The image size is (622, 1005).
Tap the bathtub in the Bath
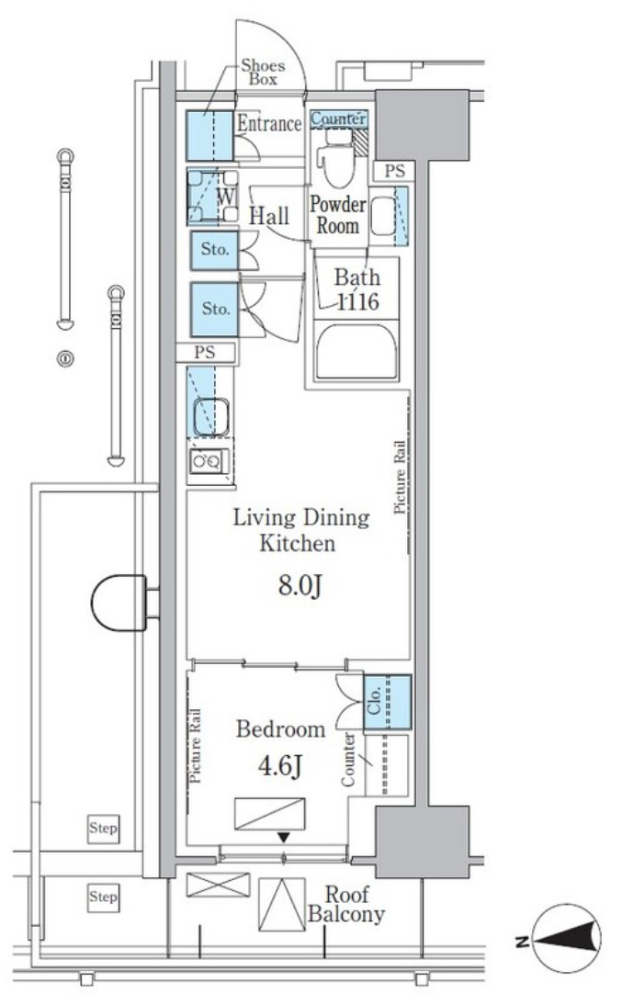[x=356, y=351]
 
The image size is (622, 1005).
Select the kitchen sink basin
[x=211, y=417]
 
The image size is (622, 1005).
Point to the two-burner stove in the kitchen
[x=208, y=461]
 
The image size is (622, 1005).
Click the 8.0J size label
[x=300, y=586]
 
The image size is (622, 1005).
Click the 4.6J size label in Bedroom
[x=280, y=765]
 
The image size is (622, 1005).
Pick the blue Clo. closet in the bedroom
[x=388, y=702]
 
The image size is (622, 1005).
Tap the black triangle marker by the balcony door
[x=284, y=837]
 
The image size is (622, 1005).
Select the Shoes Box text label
[x=263, y=73]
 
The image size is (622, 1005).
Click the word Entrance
[x=269, y=123]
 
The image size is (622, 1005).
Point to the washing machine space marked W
[x=213, y=196]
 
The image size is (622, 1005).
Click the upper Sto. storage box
[x=214, y=249]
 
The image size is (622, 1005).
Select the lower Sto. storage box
[x=215, y=309]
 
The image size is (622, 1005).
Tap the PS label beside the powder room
[x=395, y=171]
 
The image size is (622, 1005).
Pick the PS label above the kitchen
[x=205, y=352]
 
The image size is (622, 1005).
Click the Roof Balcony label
[x=346, y=904]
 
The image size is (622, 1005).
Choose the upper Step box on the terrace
[x=103, y=828]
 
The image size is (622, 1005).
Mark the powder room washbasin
[x=385, y=215]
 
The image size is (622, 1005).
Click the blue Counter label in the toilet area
[x=339, y=119]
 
